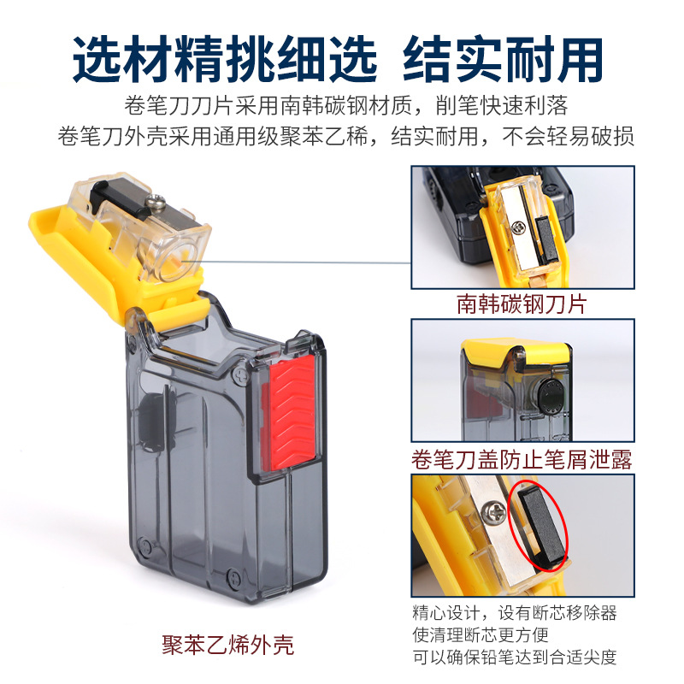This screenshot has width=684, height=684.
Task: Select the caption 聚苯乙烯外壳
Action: tap(227, 645)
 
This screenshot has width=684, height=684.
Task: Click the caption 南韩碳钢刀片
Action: tap(522, 304)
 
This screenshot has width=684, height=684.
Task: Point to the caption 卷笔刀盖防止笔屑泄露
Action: tap(522, 459)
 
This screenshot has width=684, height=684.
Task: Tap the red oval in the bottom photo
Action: tap(539, 526)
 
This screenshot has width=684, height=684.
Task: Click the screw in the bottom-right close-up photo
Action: tap(494, 511)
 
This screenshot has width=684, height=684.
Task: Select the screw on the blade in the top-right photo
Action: tap(519, 227)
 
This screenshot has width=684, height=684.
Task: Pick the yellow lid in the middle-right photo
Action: tap(516, 353)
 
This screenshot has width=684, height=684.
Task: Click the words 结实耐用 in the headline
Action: tap(503, 59)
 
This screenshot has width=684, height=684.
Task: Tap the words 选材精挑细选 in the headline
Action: tap(225, 59)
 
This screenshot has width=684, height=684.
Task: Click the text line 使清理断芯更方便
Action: tap(481, 634)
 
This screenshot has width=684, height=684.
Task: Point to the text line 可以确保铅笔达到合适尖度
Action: tap(515, 657)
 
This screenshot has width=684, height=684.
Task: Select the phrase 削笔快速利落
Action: tap(502, 105)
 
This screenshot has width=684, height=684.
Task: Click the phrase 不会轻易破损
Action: tap(568, 137)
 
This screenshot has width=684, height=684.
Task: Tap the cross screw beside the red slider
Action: tap(241, 374)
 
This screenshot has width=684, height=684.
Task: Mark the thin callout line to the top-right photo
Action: tap(297, 262)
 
